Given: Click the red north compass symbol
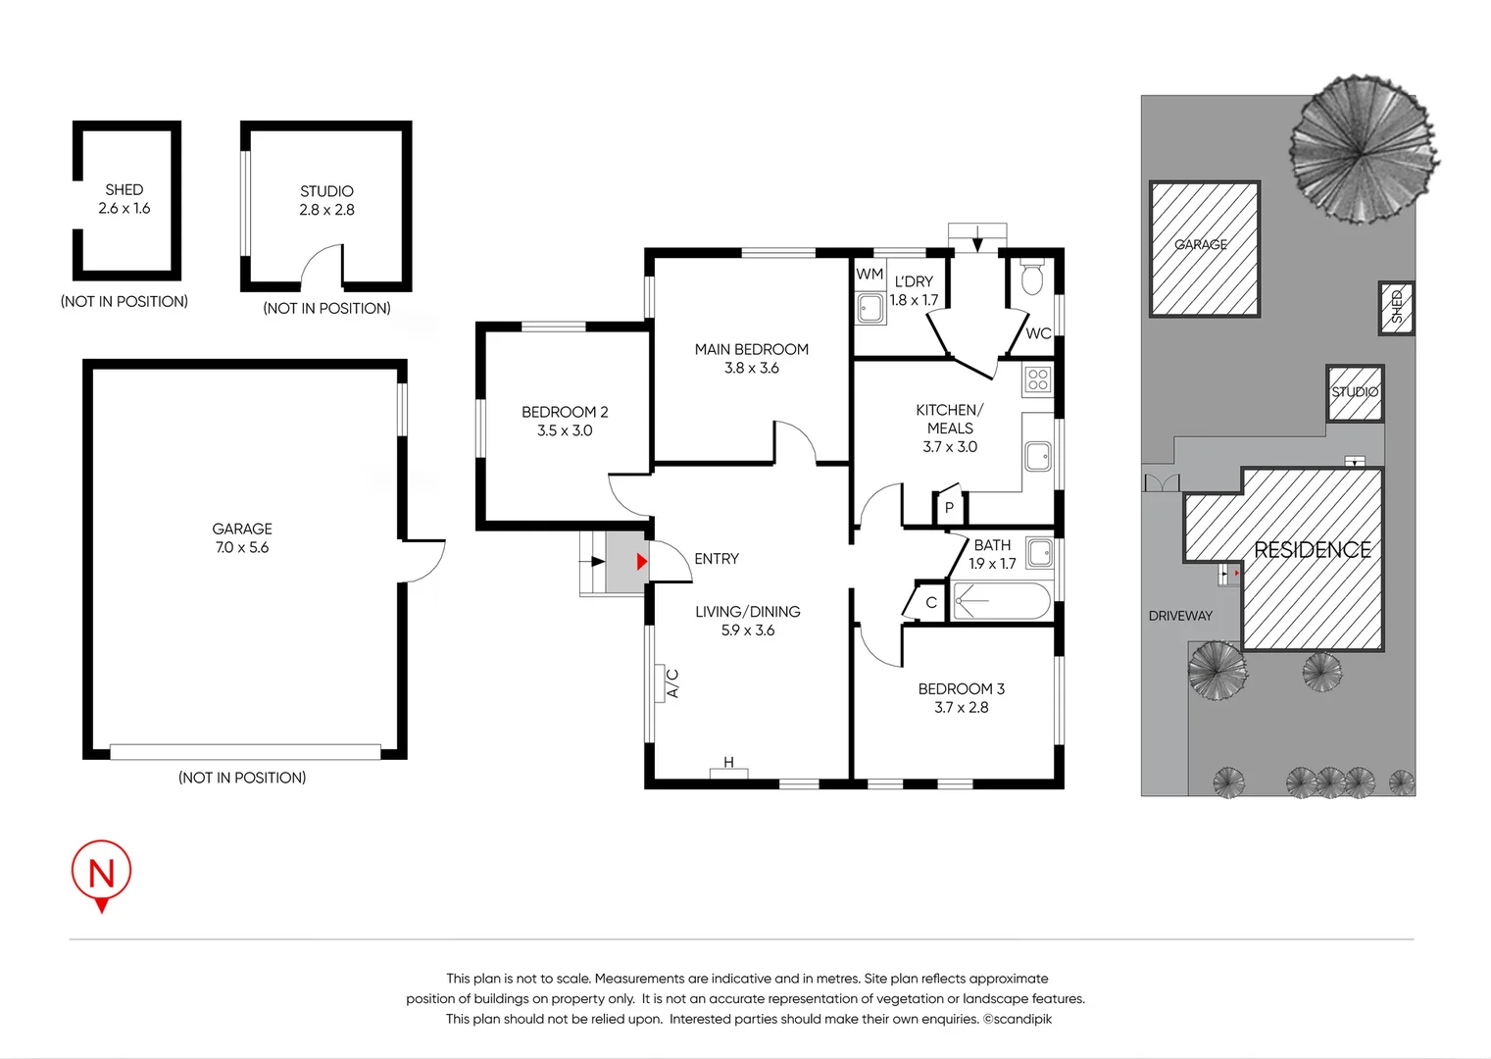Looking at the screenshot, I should [101, 873].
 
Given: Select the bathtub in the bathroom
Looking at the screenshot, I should [1001, 601].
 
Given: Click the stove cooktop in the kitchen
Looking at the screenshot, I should [1038, 379].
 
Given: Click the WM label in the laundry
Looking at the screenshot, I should [870, 275].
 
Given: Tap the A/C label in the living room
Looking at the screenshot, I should [672, 682].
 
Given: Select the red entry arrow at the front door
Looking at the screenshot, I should [641, 562].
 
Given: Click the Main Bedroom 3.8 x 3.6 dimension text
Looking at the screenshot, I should [752, 369].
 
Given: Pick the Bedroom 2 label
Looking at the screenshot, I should [565, 412].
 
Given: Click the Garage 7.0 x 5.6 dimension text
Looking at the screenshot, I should [242, 548].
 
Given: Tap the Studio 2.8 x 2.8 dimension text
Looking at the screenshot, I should [326, 210].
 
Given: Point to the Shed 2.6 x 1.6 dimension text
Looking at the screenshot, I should [124, 209].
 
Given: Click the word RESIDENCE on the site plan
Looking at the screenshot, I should [1313, 550].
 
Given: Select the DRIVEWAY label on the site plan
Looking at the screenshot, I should [1180, 616].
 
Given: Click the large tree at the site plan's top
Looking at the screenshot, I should [1362, 150].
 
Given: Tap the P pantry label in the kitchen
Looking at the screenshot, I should [949, 508].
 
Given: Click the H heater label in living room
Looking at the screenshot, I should [728, 763].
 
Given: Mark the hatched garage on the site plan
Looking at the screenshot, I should [1204, 248].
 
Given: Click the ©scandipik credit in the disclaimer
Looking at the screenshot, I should [1018, 1019].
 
